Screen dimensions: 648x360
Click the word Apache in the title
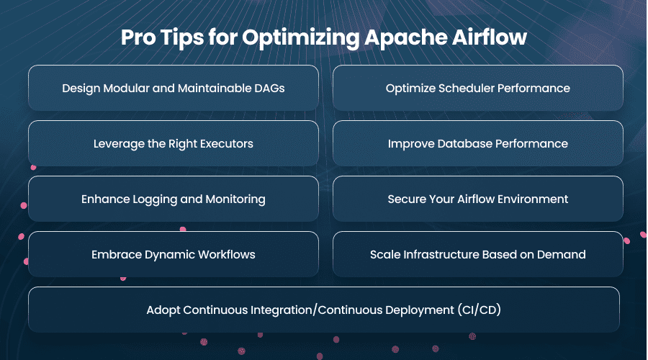405,37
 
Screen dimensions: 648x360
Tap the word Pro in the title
138,37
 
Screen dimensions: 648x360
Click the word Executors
227,143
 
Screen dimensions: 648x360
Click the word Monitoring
235,199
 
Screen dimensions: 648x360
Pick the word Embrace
117,254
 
